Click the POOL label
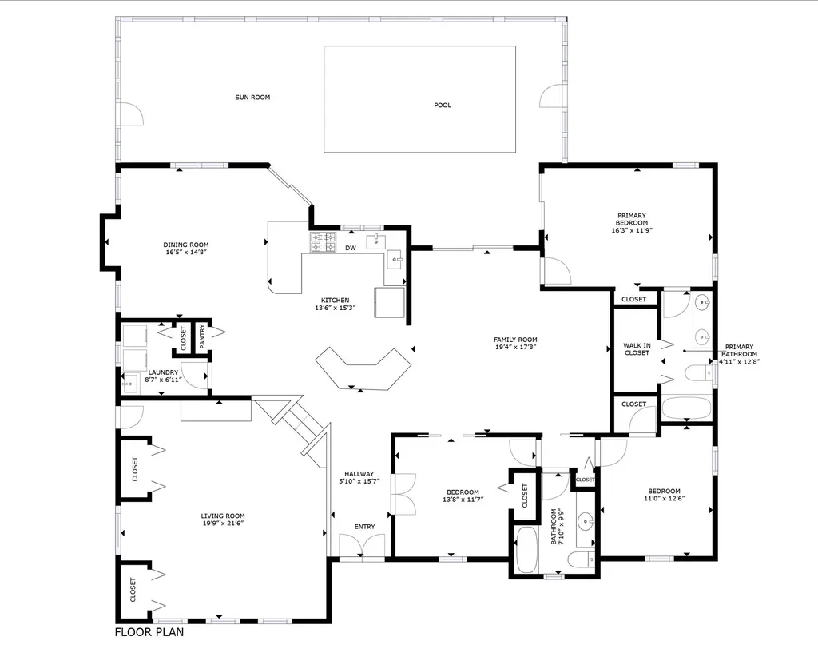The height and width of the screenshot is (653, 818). click(442, 105)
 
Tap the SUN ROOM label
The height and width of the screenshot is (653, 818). click(252, 98)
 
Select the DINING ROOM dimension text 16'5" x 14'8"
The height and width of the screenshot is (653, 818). click(186, 253)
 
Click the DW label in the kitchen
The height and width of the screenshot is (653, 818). click(350, 248)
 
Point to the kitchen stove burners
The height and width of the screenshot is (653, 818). click(324, 242)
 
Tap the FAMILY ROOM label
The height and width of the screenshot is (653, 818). click(515, 339)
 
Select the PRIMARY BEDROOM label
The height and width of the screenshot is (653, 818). click(632, 219)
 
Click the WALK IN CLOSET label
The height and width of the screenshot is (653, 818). click(637, 348)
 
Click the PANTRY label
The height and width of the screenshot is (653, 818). click(202, 336)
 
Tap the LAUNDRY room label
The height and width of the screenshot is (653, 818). click(162, 372)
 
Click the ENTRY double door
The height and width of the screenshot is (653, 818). click(363, 546)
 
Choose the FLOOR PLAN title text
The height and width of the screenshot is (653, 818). click(149, 632)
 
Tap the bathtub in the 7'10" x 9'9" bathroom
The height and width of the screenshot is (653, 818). click(528, 550)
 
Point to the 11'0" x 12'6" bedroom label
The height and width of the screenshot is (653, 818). click(664, 491)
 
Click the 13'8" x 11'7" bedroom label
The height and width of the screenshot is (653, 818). click(463, 492)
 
